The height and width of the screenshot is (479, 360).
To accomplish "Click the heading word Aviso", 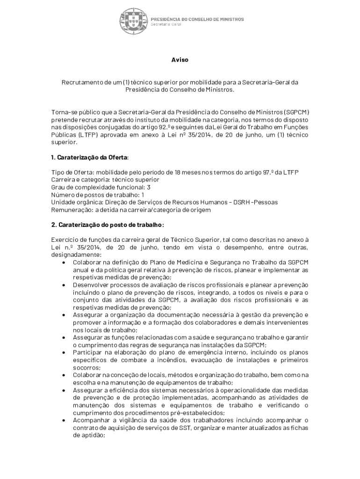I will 180,60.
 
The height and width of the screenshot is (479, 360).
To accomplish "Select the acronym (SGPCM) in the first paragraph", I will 297,112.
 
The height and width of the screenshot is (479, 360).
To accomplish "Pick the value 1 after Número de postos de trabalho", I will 143,195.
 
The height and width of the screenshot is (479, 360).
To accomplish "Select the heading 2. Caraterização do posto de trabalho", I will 108,225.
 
